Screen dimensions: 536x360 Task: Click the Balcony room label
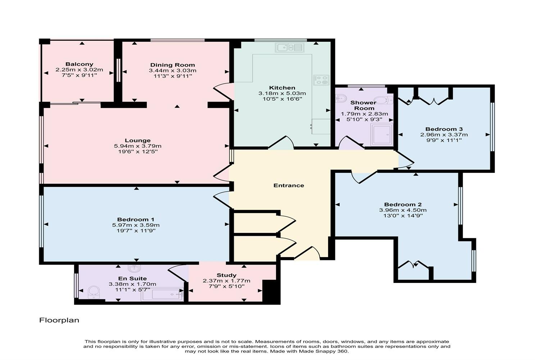pyautogui.click(x=79, y=64)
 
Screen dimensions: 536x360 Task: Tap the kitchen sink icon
pyautogui.click(x=290, y=48)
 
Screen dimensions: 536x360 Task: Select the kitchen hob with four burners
pyautogui.click(x=321, y=80)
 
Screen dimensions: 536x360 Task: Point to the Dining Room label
pyautogui.click(x=173, y=65)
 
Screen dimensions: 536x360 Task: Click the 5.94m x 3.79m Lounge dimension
pyautogui.click(x=137, y=146)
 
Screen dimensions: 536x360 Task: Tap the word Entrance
pyautogui.click(x=289, y=185)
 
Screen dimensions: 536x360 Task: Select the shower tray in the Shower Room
pyautogui.click(x=382, y=135)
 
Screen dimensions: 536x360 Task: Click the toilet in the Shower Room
pyautogui.click(x=383, y=100)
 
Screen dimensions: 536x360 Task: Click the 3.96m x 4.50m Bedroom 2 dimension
pyautogui.click(x=403, y=210)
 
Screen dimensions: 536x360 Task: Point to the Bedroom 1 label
pyautogui.click(x=136, y=219)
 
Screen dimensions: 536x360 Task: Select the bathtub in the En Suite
pyautogui.click(x=163, y=294)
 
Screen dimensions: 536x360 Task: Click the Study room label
pyautogui.click(x=226, y=275)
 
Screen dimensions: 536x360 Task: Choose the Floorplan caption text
pyautogui.click(x=59, y=320)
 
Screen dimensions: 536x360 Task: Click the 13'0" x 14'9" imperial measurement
pyautogui.click(x=403, y=216)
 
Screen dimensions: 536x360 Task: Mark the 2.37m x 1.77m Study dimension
pyautogui.click(x=226, y=281)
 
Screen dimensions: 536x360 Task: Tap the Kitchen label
pyautogui.click(x=282, y=88)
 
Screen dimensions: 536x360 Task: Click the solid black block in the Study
pyautogui.click(x=271, y=291)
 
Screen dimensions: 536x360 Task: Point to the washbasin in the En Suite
pyautogui.click(x=134, y=269)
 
